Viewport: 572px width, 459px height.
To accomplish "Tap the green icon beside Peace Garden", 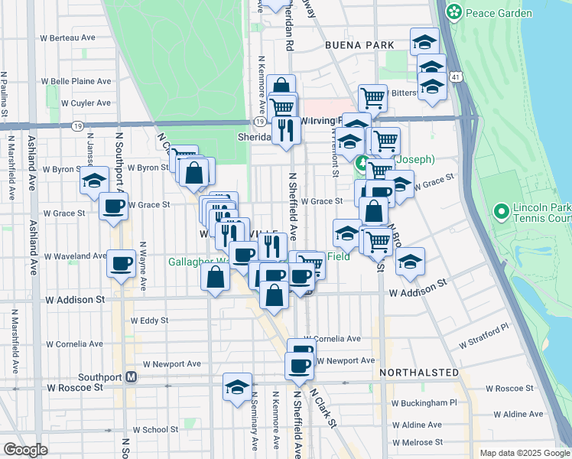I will click(x=455, y=11).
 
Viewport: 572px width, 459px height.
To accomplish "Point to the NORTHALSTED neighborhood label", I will click(x=419, y=373).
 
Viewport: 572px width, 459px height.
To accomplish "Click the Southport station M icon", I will click(x=132, y=377).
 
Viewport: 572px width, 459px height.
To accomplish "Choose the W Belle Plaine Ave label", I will click(x=76, y=81).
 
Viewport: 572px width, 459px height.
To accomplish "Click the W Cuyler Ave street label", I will click(x=86, y=103).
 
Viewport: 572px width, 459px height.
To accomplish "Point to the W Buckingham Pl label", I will click(x=423, y=402).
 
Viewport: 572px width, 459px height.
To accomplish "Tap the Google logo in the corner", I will click(x=25, y=449).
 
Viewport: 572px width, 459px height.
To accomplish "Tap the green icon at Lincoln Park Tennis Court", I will click(x=502, y=210).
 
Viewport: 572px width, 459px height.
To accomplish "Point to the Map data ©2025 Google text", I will click(x=524, y=453).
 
